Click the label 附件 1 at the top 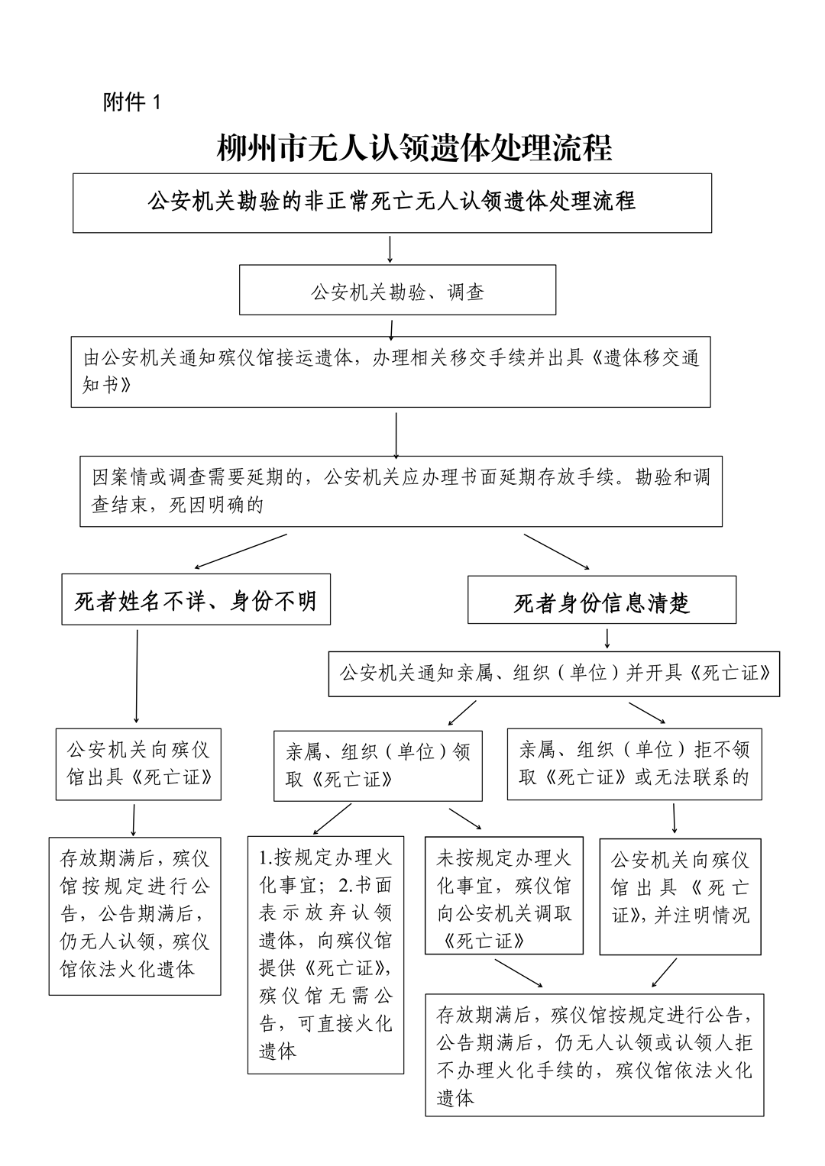[132, 102]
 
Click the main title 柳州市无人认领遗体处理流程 [414, 148]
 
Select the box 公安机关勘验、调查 [397, 290]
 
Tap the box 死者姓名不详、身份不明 [196, 600]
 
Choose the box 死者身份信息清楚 [601, 601]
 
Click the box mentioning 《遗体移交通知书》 [390, 371]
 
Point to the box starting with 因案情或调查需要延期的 [401, 491]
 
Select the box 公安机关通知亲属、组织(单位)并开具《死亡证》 [554, 673]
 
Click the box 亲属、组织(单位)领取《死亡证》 [378, 764]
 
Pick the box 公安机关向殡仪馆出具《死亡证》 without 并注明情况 [138, 764]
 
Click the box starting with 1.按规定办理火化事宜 [325, 954]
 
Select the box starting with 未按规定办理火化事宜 [504, 900]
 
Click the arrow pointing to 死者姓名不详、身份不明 [240, 551]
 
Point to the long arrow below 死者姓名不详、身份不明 [137, 676]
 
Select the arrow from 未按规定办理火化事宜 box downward [519, 972]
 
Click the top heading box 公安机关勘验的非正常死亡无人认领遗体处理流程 [392, 202]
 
